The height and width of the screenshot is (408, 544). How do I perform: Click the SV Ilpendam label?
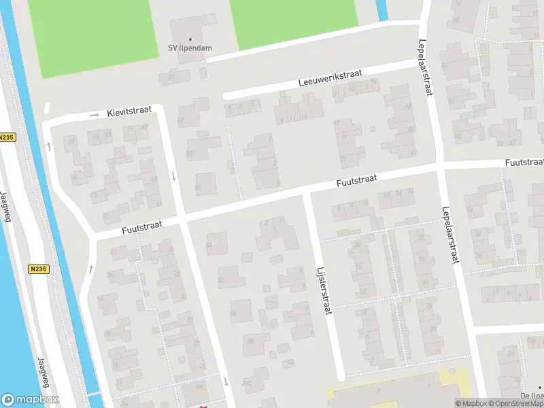(190, 48)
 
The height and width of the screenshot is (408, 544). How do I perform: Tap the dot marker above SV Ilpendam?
(190, 39)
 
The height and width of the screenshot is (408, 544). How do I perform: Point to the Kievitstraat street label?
(129, 112)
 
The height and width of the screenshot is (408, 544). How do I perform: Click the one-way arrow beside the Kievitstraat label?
(95, 116)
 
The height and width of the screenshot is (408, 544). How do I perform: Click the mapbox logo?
(30, 400)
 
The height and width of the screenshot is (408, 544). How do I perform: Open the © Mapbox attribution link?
(471, 403)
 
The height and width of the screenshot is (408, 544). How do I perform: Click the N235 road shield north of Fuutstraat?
(7, 137)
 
